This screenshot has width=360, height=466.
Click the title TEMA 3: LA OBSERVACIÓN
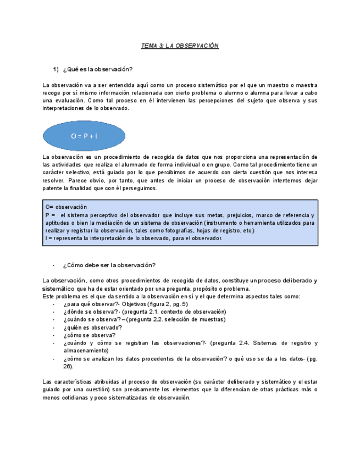coord(180,46)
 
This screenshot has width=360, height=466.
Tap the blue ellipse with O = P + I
coord(84,136)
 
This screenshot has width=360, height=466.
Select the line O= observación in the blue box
coord(67,207)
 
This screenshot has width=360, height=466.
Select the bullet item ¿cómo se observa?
coord(89,335)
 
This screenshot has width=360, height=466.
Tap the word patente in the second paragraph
coord(53,188)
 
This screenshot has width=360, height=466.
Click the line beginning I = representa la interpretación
coord(134,238)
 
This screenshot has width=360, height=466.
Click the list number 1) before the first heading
coord(56,69)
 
